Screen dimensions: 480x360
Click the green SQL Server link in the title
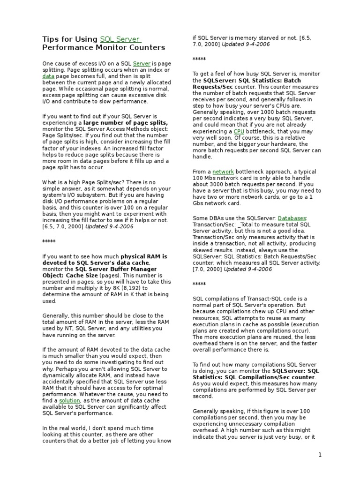pos(120,39)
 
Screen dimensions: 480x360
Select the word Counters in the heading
pos(147,47)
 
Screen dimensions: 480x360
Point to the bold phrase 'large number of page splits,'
pos(126,122)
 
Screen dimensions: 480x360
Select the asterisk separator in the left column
pos(49,241)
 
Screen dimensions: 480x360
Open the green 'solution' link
pos(70,401)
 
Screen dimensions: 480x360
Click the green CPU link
pos(239,132)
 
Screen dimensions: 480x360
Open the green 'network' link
pos(223,172)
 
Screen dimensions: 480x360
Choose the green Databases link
pos(292,218)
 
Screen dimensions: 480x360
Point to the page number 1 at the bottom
pos(320,455)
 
